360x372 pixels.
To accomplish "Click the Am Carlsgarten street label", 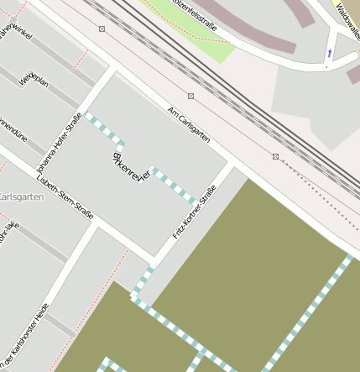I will (188, 123).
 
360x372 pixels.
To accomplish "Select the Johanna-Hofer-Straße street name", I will (59, 144).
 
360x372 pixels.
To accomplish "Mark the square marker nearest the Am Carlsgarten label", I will (191, 96).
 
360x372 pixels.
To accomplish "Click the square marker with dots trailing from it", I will (275, 156).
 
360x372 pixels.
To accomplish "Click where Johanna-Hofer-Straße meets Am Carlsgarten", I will (110, 73).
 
